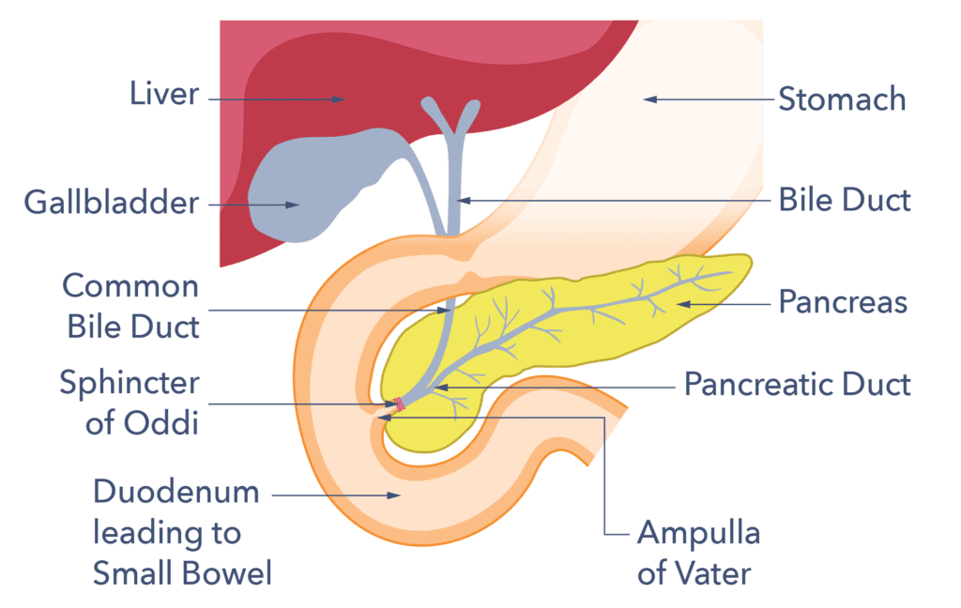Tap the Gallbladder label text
(x=113, y=202)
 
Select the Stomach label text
(x=842, y=99)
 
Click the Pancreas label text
(x=843, y=302)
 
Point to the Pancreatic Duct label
(x=797, y=385)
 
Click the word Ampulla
(x=698, y=534)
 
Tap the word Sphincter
(x=129, y=383)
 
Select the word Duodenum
(x=175, y=492)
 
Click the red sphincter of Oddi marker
(x=400, y=404)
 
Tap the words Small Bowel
(x=182, y=572)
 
